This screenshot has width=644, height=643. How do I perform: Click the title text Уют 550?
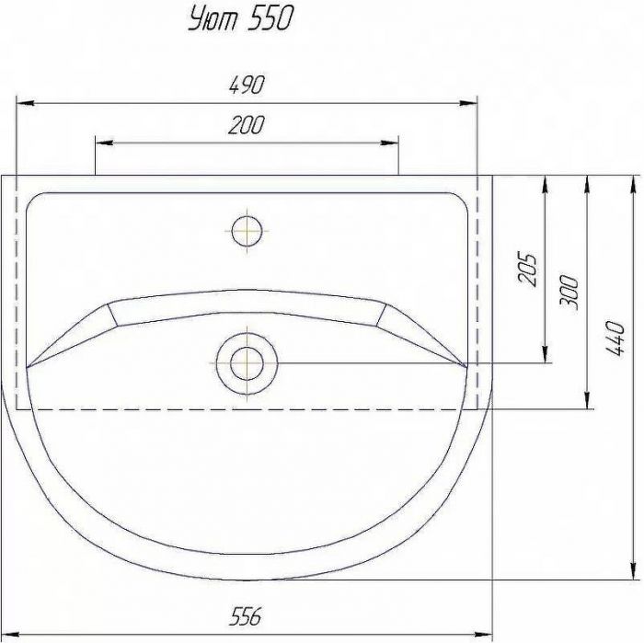(241, 19)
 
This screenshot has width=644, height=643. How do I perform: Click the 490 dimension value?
(246, 85)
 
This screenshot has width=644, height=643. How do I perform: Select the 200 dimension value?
(246, 125)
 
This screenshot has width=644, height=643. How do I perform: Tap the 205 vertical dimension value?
(527, 269)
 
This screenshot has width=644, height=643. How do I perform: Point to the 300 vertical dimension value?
(569, 293)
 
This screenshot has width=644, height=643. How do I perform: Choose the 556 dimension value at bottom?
(246, 616)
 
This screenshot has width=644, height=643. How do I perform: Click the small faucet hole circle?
(247, 231)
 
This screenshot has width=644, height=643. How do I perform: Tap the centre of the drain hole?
(247, 363)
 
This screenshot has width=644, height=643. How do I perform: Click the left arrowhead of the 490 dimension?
(24, 103)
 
